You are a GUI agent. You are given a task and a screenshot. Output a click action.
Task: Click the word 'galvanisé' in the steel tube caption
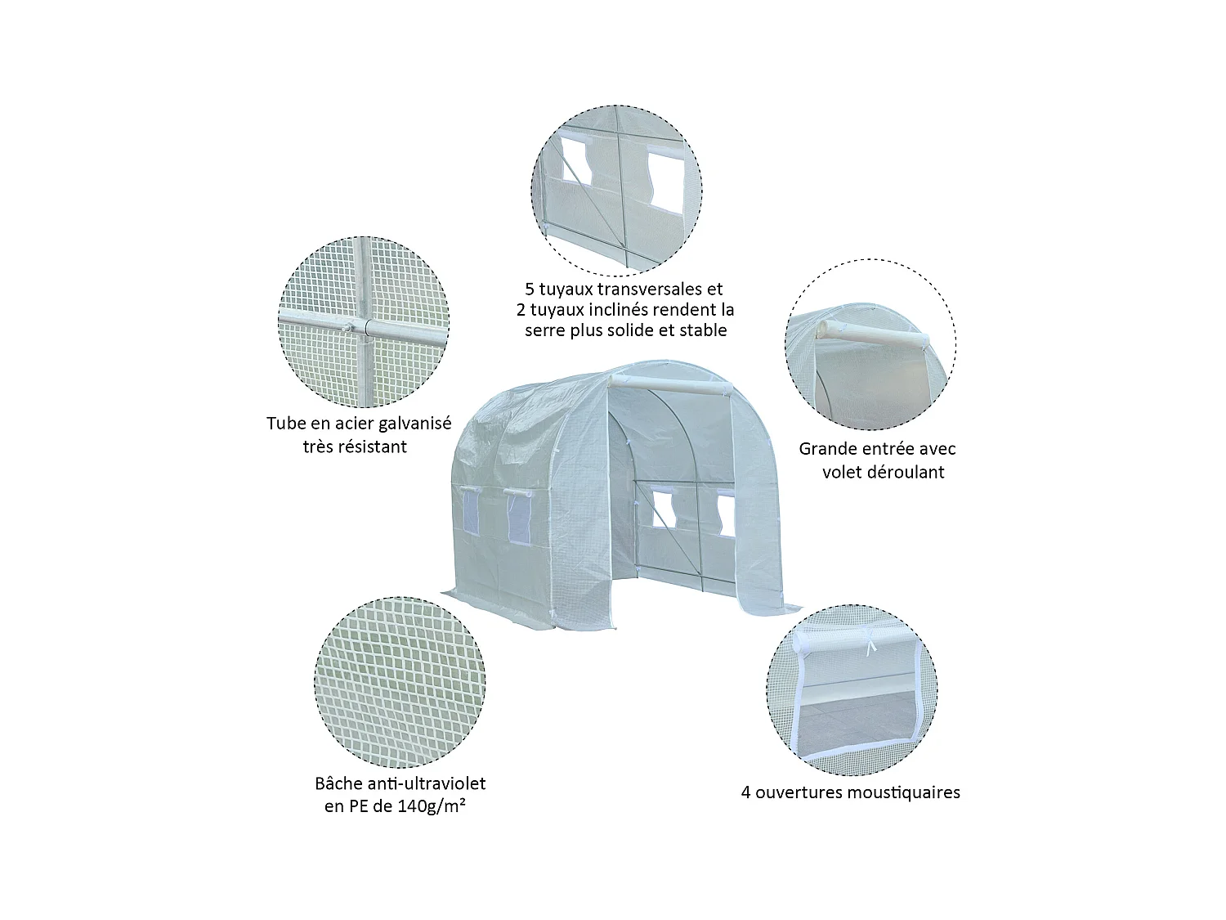pyautogui.click(x=409, y=424)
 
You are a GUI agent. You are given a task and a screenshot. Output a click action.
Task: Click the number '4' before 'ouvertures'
pyautogui.click(x=746, y=792)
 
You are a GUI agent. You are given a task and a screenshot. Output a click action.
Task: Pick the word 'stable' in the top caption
pyautogui.click(x=702, y=330)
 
